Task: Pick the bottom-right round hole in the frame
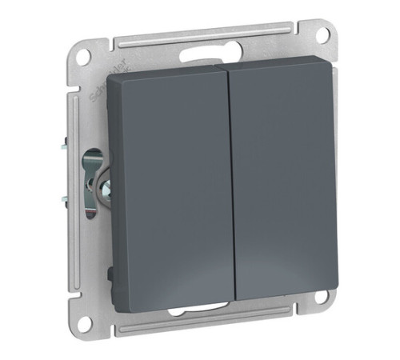click(x=323, y=302)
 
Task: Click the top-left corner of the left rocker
click(x=120, y=77)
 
